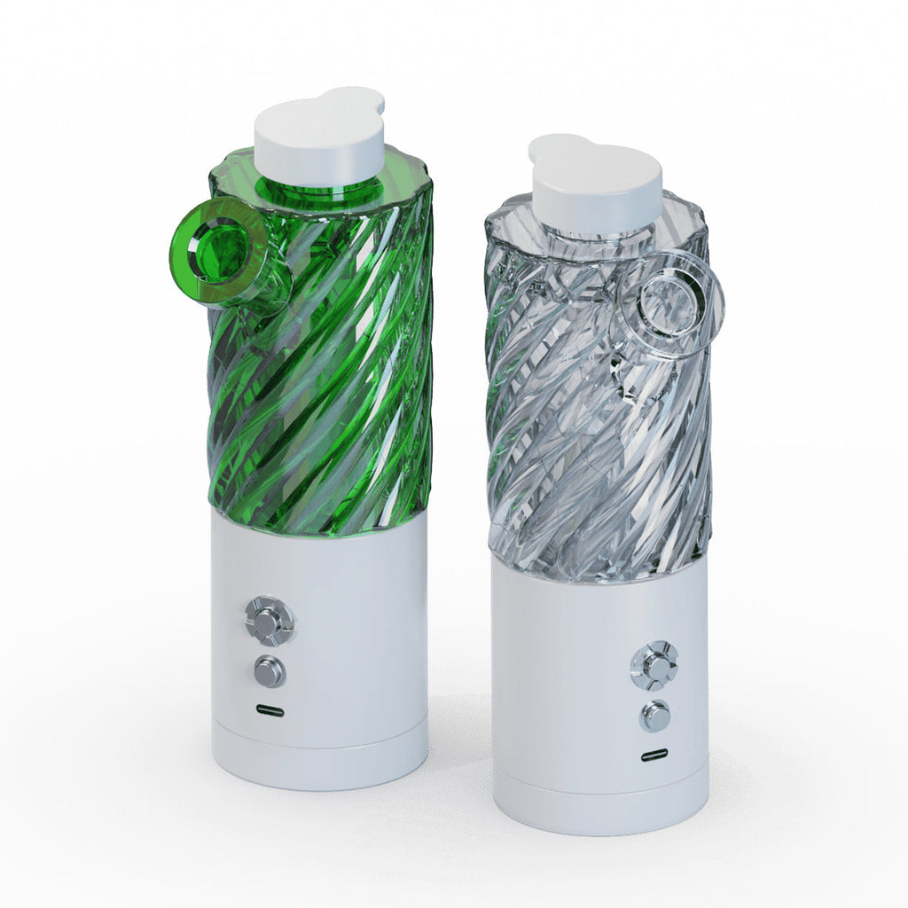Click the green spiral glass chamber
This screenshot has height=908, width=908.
point(337,381)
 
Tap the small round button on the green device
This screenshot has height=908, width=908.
point(270,671)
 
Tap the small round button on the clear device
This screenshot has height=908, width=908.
point(655,716)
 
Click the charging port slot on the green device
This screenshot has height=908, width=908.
point(270,711)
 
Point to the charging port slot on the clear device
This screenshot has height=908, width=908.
point(654,756)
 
